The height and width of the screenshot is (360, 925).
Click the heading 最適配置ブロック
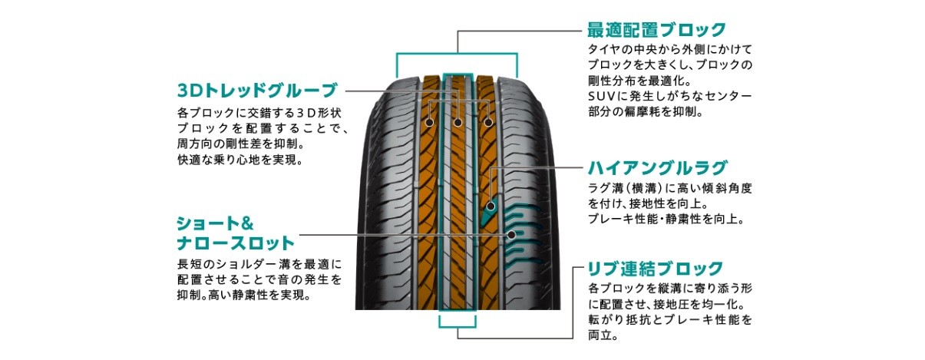point(656,30)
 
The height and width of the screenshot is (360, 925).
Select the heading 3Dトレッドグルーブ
point(256,91)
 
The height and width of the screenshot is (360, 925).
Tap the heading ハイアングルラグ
point(657,167)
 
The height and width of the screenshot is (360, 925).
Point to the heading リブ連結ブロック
point(655,269)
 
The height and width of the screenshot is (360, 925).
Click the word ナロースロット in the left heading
point(236,244)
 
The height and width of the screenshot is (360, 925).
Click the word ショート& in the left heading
point(215,224)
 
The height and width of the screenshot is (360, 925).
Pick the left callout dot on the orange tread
point(428,121)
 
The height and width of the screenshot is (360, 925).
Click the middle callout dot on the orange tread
point(458,121)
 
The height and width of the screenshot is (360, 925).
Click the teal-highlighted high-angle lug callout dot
point(491,205)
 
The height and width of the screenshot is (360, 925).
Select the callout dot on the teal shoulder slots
point(510,234)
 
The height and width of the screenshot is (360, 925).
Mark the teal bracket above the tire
point(457,53)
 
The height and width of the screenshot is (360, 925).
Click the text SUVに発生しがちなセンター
point(669,96)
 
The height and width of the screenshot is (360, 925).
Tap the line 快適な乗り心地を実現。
point(241,160)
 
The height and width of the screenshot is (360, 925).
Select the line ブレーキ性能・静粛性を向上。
point(666,220)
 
